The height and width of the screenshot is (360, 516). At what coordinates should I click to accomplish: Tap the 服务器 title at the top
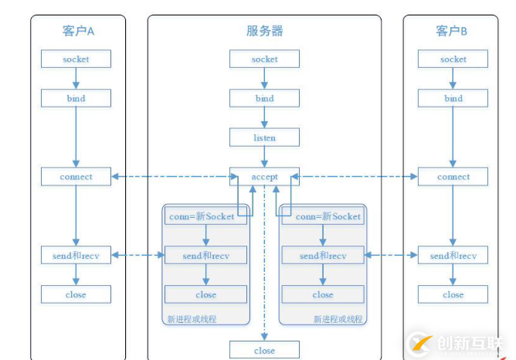[x=264, y=31]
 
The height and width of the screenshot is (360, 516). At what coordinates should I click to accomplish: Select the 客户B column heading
[x=452, y=31]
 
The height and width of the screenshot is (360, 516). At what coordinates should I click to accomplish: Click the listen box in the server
[x=264, y=138]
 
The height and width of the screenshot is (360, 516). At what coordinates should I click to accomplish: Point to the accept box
[x=264, y=176]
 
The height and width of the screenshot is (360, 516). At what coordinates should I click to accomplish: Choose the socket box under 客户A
[x=76, y=59]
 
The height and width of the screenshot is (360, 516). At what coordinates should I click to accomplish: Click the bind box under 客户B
[x=453, y=98]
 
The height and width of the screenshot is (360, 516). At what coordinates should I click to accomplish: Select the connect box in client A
[x=76, y=176]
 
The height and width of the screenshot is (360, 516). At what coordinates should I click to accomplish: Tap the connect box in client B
[x=453, y=176]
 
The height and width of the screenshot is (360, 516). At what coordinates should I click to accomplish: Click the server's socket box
[x=264, y=59]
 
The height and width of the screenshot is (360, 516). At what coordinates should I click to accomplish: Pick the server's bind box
[x=264, y=98]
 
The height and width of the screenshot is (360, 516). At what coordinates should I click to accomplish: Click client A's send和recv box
[x=76, y=255]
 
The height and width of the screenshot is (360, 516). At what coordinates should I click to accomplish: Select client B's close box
[x=453, y=294]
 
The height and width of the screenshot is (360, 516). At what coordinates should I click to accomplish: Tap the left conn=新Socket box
[x=205, y=216]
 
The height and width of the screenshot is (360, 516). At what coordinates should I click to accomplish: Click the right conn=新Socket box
[x=323, y=216]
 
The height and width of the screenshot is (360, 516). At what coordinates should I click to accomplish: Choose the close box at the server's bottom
[x=264, y=350]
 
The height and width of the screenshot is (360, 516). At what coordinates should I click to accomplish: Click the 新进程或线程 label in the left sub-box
[x=192, y=318]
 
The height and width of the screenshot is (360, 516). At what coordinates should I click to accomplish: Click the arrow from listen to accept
[x=264, y=157]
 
